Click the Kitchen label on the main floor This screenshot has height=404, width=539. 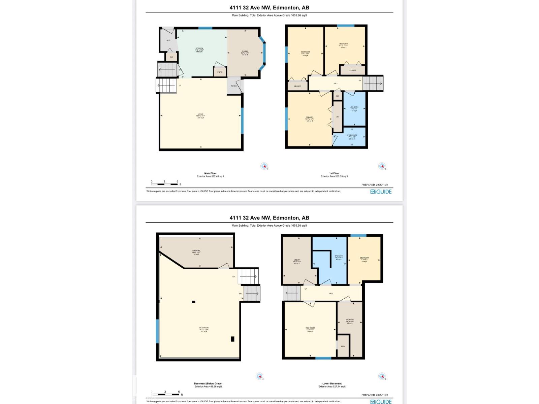pos(199,48)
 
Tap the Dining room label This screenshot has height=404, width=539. pos(245,52)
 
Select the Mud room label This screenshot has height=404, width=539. pos(168,40)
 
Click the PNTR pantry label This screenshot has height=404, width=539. pos(220,72)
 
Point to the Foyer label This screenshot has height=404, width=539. pos(234,86)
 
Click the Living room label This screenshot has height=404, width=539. pos(201,114)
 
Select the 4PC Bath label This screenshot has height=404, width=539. pos(354,107)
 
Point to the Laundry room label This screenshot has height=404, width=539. pos(196,250)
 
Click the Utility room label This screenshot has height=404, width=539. pos(297,260)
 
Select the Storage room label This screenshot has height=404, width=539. pos(350,319)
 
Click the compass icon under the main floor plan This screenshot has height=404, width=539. pos(264,166)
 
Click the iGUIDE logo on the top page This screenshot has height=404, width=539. pos(381,192)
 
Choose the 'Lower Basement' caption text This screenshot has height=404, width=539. pos(332,383)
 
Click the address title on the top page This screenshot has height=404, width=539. pos(269,7)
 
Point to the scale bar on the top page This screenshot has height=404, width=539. pos(164,184)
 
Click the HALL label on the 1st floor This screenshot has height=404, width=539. pos(336,83)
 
